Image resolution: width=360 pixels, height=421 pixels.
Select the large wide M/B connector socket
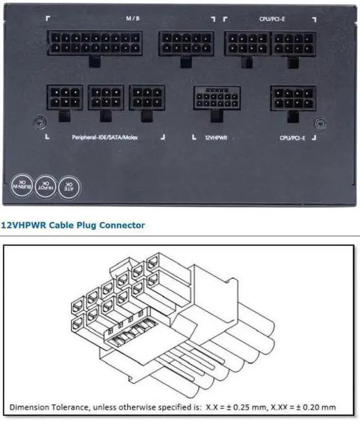(x=94, y=43)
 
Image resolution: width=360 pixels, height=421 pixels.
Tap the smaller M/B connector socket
(x=186, y=43)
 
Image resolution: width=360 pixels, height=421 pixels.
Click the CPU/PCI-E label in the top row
(x=273, y=18)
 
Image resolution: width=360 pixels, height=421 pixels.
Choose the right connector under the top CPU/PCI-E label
(x=292, y=43)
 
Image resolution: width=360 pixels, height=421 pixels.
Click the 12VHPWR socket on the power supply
(x=217, y=98)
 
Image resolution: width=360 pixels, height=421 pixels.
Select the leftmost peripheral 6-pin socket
(x=65, y=97)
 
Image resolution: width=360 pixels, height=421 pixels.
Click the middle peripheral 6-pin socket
(x=106, y=97)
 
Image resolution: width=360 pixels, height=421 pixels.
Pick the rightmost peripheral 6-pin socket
(x=147, y=97)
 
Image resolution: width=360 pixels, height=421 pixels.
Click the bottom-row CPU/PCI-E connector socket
(x=292, y=98)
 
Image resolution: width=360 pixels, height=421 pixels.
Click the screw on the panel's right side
(x=320, y=121)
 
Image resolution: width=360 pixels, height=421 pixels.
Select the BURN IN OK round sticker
(x=20, y=184)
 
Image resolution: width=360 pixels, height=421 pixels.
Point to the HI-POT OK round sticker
(x=46, y=184)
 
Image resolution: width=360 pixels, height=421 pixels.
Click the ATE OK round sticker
(x=71, y=184)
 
